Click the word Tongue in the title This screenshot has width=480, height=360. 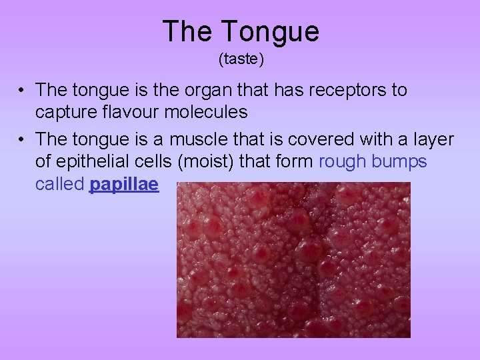pos(271,32)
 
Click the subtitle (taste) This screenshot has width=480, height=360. pos(241,60)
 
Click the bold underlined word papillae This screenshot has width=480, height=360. pos(123,185)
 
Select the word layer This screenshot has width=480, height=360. pos(433,140)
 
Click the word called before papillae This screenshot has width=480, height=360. pos(59,185)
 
